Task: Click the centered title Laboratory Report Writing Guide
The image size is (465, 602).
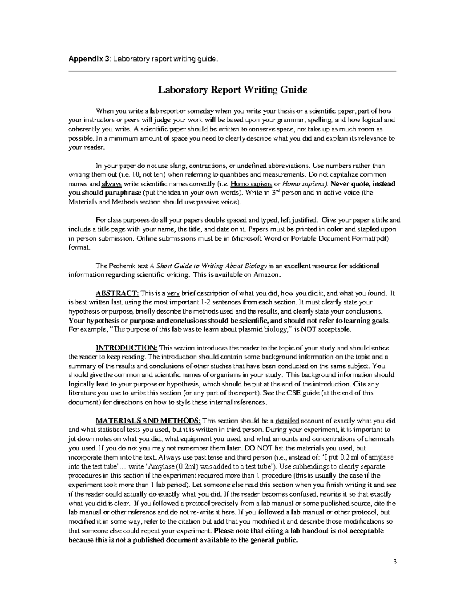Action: [232, 90]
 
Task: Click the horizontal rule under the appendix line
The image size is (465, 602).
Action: [232, 71]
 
